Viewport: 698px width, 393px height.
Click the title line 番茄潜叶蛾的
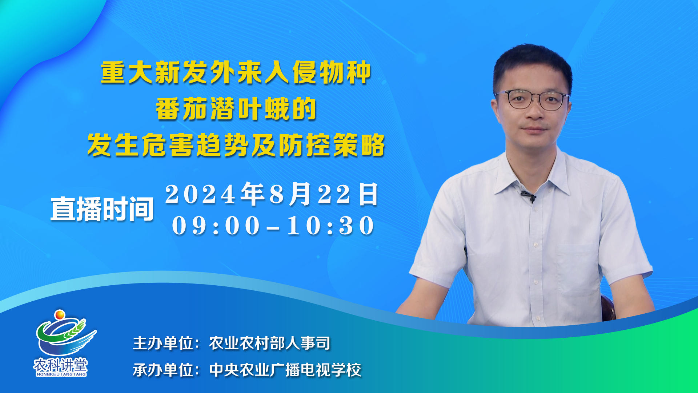(x=236, y=109)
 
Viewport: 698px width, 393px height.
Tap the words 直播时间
(x=102, y=209)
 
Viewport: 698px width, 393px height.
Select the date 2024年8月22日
(x=272, y=194)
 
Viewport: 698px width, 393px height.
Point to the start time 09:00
(x=216, y=226)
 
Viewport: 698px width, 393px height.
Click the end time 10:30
(x=330, y=226)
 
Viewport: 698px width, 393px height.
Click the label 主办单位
(x=163, y=343)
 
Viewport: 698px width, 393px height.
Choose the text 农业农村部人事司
(x=270, y=343)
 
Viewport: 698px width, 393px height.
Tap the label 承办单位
(x=163, y=370)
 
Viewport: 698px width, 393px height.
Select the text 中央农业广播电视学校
(x=285, y=370)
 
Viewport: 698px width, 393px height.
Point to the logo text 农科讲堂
(x=61, y=365)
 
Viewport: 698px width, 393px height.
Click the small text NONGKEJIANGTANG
(x=61, y=374)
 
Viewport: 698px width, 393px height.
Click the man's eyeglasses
(x=532, y=100)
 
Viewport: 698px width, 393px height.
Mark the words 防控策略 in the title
(x=332, y=145)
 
